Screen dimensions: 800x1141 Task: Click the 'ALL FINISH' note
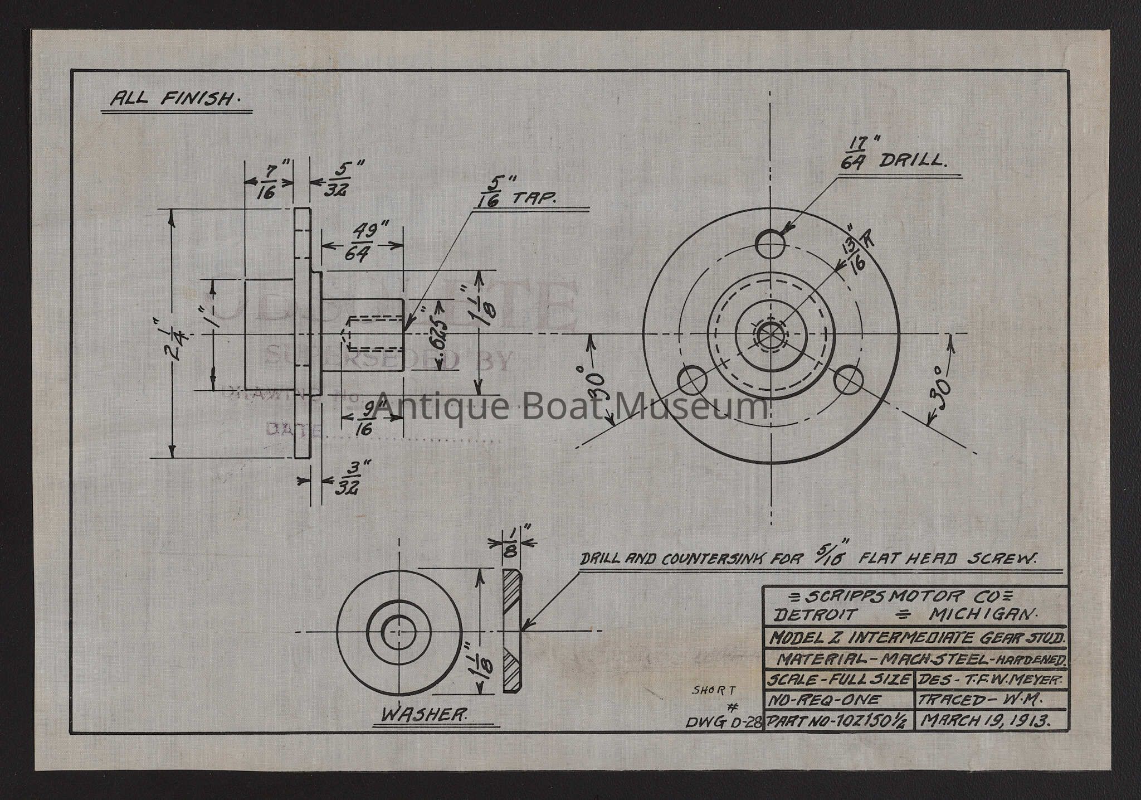pos(172,99)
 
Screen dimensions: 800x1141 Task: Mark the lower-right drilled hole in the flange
pos(849,380)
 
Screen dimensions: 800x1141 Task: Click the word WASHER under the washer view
pos(423,715)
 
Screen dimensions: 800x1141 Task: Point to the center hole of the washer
pos(399,631)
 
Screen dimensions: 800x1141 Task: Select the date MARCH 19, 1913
pos(986,720)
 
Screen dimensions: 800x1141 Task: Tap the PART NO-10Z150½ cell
pos(838,721)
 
